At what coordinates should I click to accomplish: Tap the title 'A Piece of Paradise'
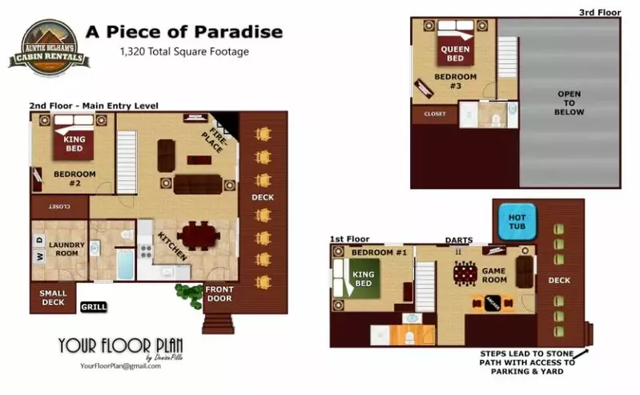[x=184, y=32]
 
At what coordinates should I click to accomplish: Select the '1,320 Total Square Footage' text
[x=184, y=52]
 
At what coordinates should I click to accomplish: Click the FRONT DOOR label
[x=219, y=294]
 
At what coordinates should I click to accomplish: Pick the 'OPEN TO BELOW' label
[x=570, y=103]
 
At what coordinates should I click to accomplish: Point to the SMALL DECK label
[x=53, y=298]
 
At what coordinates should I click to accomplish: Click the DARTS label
[x=459, y=240]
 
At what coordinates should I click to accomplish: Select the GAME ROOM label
[x=493, y=276]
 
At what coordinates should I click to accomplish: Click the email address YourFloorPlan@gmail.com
[x=120, y=366]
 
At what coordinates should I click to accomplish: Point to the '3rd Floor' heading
[x=600, y=12]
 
